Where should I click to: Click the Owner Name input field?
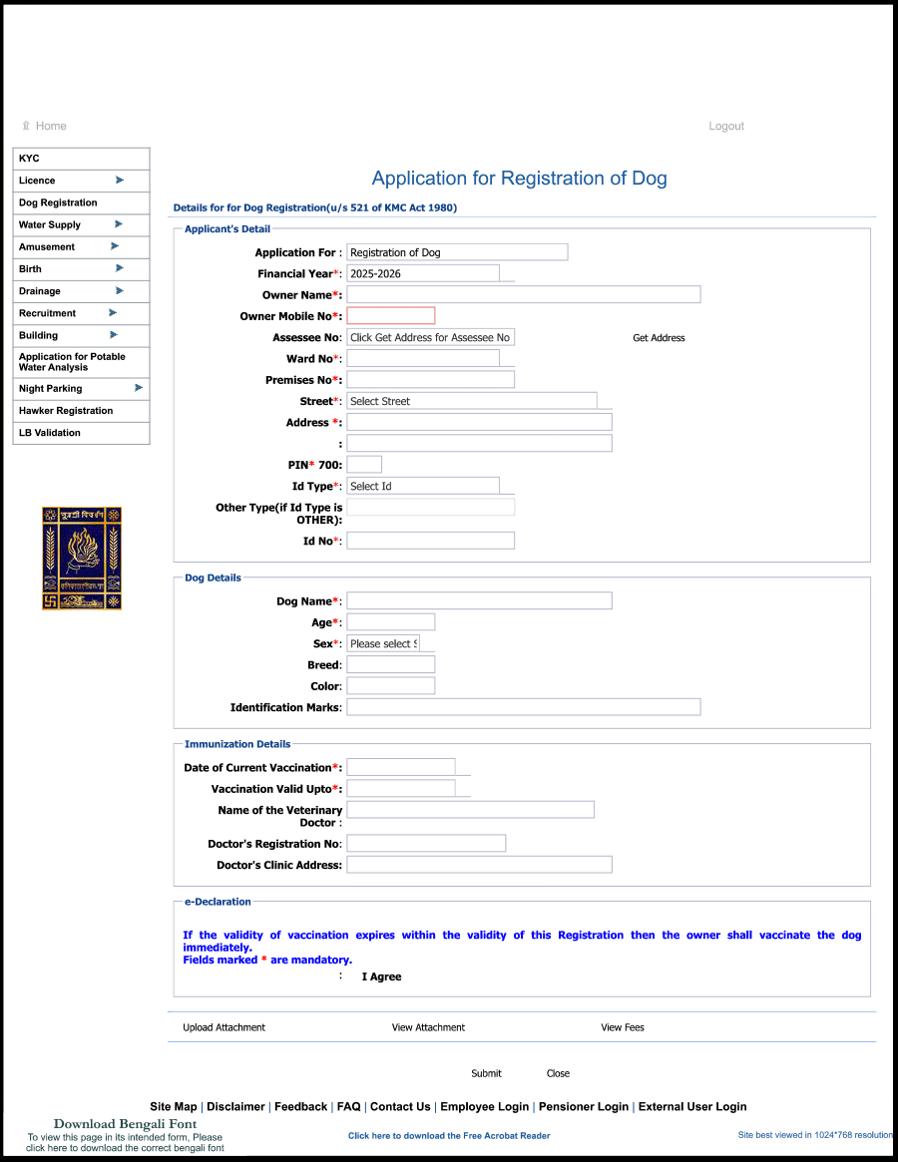coord(523,294)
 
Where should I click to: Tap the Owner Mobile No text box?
coord(391,316)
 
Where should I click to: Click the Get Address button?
coord(659,338)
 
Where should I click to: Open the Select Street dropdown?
coord(472,401)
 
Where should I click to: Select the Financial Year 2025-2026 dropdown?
coord(423,273)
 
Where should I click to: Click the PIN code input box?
coord(364,465)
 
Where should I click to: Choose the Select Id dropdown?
coord(423,486)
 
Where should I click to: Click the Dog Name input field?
coord(479,600)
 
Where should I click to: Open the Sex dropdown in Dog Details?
coord(384,643)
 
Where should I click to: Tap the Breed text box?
coord(391,664)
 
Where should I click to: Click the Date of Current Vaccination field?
coord(401,767)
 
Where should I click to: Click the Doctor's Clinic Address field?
coord(479,865)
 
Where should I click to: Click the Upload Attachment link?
coord(224,1027)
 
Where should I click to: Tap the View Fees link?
coord(623,1027)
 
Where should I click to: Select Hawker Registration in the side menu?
coord(66,411)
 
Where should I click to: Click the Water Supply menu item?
coord(50,224)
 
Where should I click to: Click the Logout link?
coord(726,127)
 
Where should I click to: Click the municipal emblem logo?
coord(82,558)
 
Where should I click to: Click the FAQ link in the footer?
coord(348,1106)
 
